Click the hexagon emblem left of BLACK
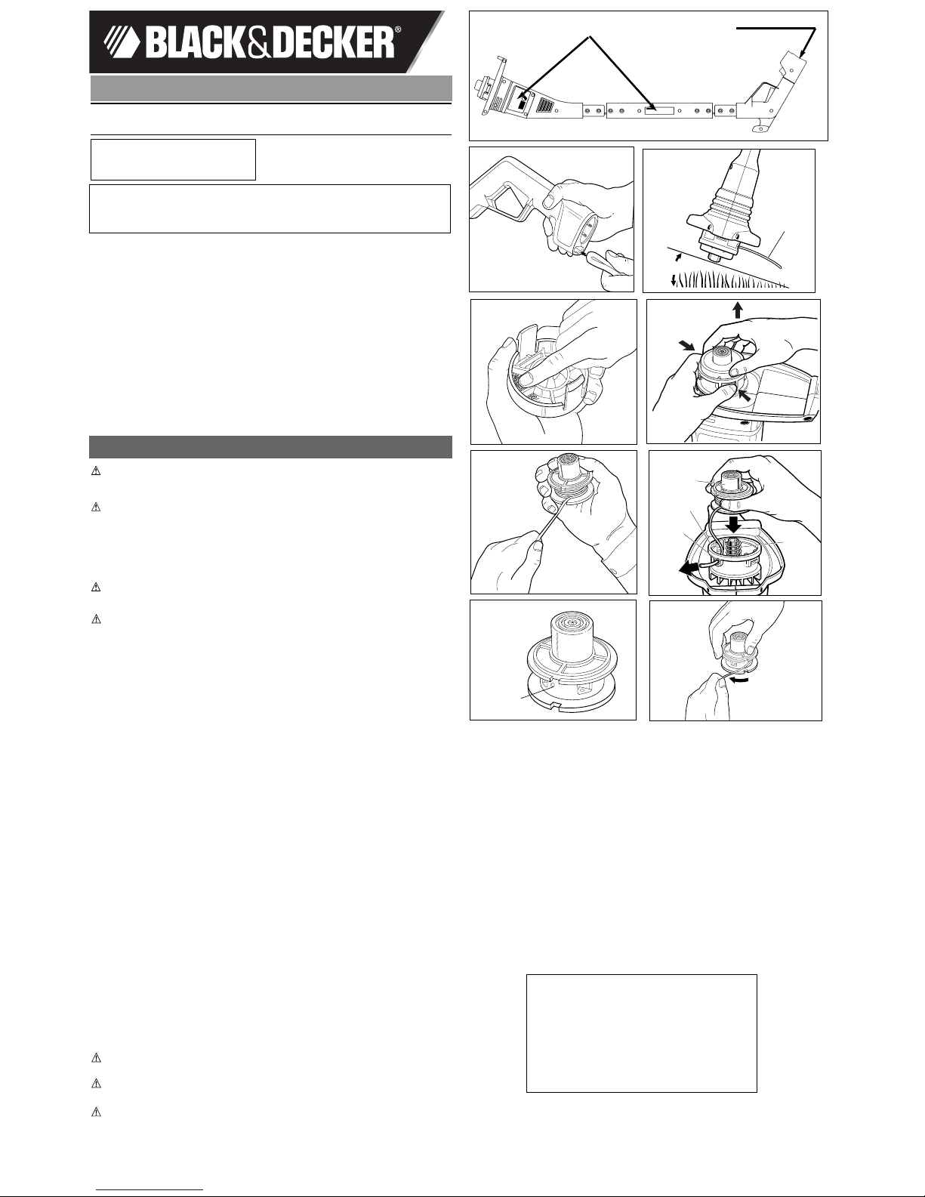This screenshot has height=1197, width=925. tap(122, 44)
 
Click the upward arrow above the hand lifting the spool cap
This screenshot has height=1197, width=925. tap(738, 310)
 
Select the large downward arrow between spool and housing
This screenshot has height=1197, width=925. tap(733, 524)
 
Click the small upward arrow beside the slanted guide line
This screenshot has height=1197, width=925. tap(679, 257)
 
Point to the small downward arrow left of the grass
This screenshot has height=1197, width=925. tap(674, 281)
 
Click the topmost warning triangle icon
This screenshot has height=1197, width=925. tap(96, 471)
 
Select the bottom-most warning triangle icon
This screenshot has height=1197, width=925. tap(96, 1112)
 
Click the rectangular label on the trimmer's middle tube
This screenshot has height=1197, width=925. tap(659, 111)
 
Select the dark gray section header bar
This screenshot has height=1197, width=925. tap(271, 447)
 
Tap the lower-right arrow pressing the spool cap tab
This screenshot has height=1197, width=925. tap(745, 396)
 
